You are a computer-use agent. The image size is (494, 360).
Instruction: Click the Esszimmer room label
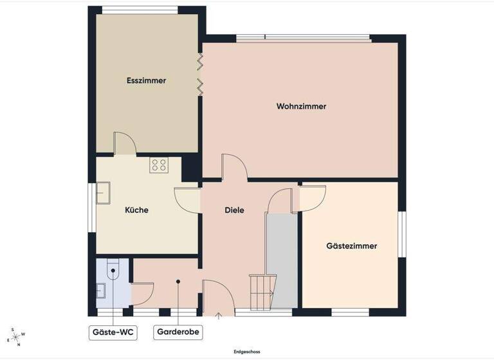tap(147, 81)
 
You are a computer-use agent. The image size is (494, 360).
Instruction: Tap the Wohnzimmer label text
tap(301, 106)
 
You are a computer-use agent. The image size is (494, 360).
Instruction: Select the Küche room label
tap(136, 210)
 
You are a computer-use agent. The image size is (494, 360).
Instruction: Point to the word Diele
tap(234, 210)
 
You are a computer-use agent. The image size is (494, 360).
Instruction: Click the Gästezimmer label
tap(351, 246)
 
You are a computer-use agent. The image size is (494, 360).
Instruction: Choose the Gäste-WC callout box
tap(113, 332)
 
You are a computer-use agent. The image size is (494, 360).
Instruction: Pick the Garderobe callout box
tap(178, 332)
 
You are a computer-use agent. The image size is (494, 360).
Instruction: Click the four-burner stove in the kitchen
tap(159, 165)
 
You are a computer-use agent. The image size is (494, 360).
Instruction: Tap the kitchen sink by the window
tap(103, 192)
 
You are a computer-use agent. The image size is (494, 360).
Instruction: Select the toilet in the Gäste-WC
tap(113, 268)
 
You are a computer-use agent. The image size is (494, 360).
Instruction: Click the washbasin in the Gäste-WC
tap(102, 291)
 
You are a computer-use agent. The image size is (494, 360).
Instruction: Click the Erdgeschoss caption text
tap(246, 352)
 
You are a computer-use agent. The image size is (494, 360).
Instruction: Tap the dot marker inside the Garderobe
tap(178, 281)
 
